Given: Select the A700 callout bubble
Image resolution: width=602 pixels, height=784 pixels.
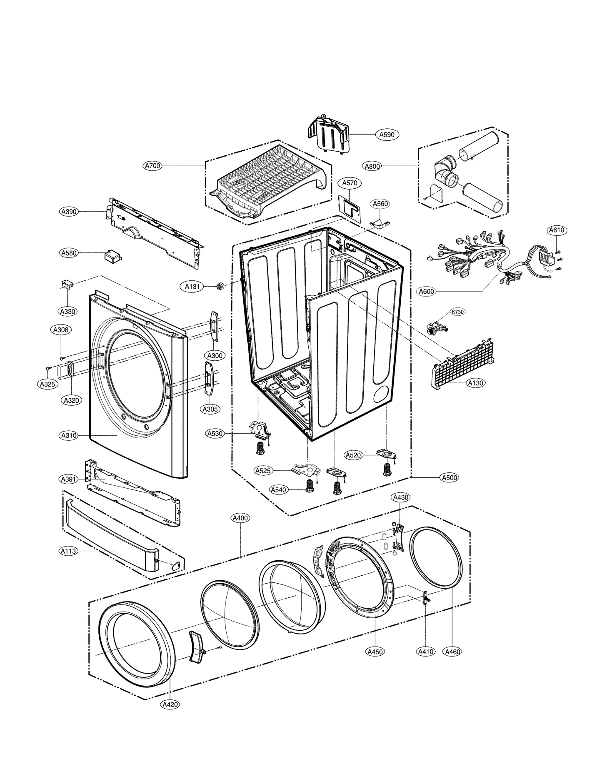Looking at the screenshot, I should click(x=152, y=166).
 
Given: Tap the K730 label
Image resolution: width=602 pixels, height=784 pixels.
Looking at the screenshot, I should click(x=458, y=312).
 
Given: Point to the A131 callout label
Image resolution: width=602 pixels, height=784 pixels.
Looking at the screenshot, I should click(x=192, y=287).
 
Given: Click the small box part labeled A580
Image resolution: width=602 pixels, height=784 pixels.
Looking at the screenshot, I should click(x=112, y=255).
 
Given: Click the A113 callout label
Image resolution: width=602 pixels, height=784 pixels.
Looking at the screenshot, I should click(x=68, y=551).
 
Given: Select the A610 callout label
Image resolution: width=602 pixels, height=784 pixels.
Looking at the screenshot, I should click(x=556, y=230).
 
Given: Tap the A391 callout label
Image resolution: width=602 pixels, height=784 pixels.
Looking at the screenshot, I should click(x=68, y=479).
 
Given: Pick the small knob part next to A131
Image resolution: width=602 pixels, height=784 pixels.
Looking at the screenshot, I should click(x=220, y=286).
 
